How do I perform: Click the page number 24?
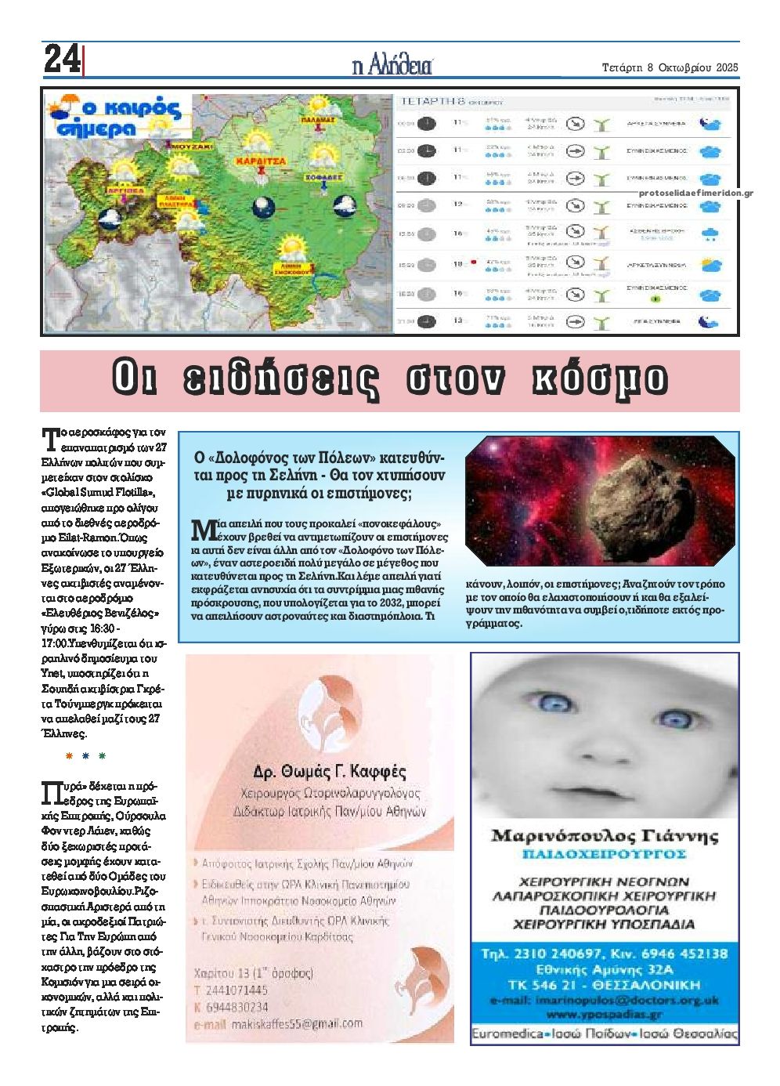click(x=62, y=59)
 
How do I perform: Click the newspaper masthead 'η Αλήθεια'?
click(x=393, y=65)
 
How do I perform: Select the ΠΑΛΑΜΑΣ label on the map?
click(x=317, y=120)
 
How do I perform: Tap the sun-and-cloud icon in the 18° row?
click(x=710, y=264)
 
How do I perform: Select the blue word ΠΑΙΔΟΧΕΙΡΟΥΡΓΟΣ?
click(x=604, y=853)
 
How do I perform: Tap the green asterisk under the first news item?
click(x=102, y=756)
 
